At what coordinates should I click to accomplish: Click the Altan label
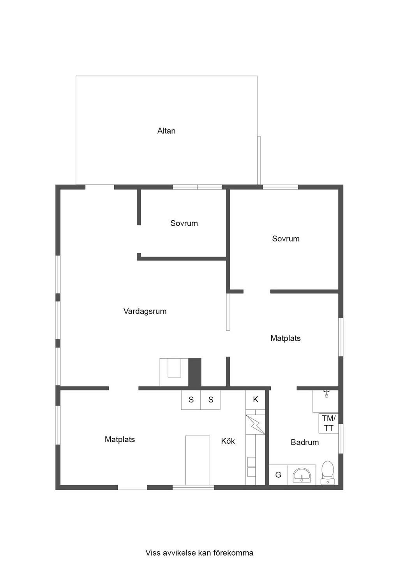point(166,131)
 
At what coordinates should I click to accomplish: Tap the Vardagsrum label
point(145,311)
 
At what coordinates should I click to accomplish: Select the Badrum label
point(305,442)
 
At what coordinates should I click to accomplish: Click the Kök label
point(228,441)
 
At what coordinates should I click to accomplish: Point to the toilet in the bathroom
point(327,473)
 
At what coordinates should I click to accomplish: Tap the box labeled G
point(278,475)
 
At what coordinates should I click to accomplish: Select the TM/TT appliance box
point(328,423)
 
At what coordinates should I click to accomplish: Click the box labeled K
point(256,400)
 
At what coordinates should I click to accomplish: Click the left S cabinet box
point(191,400)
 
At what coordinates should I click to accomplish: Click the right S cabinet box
point(210,400)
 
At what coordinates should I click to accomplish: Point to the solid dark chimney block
point(195,372)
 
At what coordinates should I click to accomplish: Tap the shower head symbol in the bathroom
point(327,394)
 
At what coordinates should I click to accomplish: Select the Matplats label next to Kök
point(120,439)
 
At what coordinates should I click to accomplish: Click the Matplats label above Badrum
point(285,338)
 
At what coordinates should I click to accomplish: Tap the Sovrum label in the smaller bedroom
point(184,223)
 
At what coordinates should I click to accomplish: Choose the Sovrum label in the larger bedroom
point(286,239)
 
